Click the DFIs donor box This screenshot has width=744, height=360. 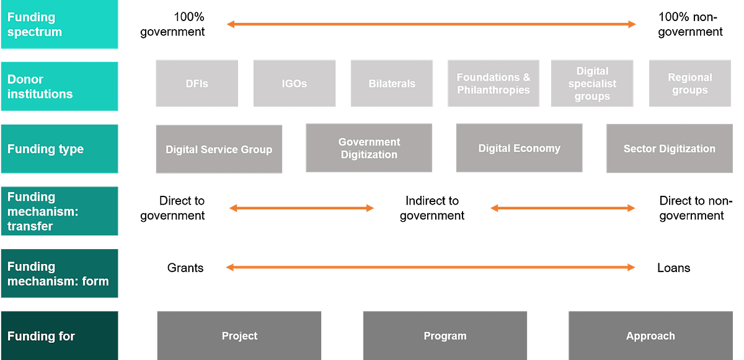[197, 84]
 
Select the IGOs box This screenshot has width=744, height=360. [294, 84]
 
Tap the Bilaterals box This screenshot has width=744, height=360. [392, 84]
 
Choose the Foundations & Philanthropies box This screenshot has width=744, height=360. [493, 84]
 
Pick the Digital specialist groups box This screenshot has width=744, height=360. [592, 84]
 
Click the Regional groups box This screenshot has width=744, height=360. [689, 84]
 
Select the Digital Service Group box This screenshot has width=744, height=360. [219, 149]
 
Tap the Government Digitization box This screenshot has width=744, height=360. [369, 148]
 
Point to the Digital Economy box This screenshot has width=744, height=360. [519, 148]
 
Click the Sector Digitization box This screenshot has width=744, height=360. [669, 149]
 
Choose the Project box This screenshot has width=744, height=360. [239, 336]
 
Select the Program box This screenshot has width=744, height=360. [445, 336]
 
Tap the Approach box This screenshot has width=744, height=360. [650, 336]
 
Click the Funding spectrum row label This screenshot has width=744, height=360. [60, 25]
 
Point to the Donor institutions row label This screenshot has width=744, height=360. [60, 87]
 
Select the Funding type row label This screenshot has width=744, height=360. [60, 149]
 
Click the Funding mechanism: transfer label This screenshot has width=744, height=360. [60, 211]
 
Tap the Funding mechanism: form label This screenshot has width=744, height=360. [60, 274]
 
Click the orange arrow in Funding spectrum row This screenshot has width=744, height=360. [431, 25]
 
